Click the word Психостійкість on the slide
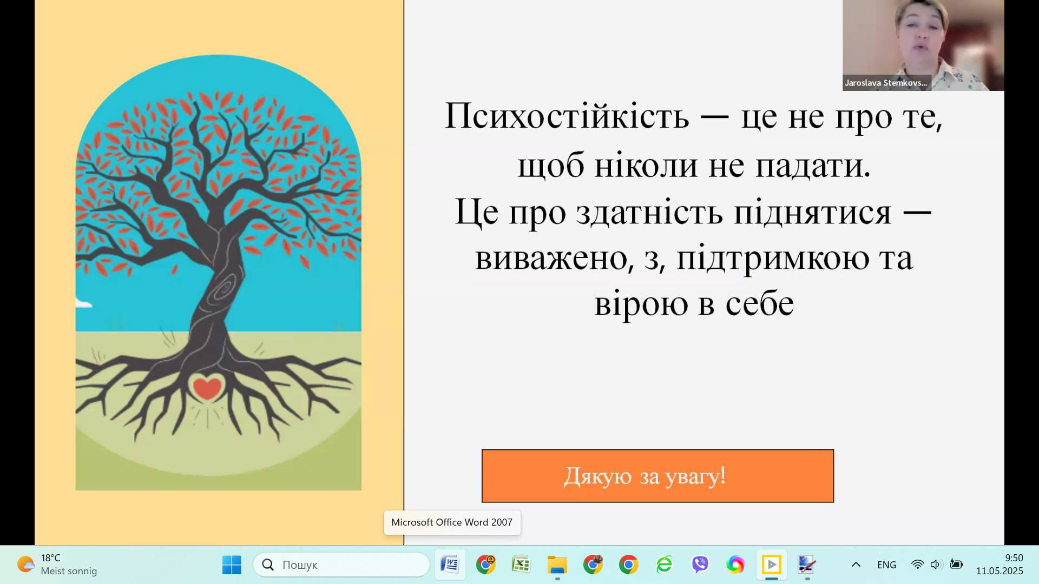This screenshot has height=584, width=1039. [567, 116]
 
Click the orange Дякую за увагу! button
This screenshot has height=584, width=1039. [657, 476]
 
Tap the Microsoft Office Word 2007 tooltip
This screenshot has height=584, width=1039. [452, 522]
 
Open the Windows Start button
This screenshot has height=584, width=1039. [232, 565]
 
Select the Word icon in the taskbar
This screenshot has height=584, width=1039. [450, 565]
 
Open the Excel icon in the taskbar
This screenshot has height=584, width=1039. [521, 565]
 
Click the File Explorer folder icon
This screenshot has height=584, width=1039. [557, 565]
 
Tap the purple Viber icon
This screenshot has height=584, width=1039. [700, 565]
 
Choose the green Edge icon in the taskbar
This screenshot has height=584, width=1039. [664, 565]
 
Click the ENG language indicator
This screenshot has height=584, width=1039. [886, 565]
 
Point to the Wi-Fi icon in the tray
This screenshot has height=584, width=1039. [917, 565]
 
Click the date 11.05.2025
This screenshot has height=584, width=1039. [999, 571]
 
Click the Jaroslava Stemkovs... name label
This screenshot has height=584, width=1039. [886, 83]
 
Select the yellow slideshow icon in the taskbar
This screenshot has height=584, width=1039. [771, 565]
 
